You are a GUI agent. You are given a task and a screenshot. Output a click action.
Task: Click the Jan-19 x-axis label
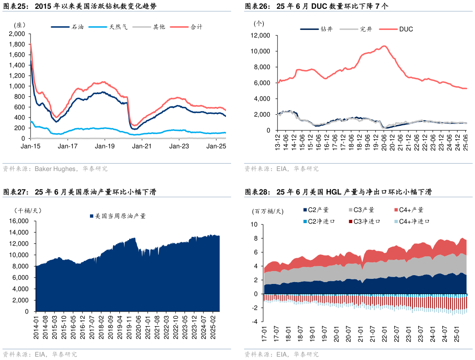pyautogui.click(x=105, y=146)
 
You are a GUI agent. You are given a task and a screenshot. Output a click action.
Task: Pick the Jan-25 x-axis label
pyautogui.click(x=216, y=146)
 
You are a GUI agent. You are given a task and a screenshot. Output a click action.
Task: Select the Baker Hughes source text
pyautogui.click(x=55, y=169)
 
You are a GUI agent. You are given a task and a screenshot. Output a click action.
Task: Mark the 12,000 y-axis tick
pyautogui.click(x=260, y=35)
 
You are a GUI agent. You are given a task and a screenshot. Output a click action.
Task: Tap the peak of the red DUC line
pyautogui.click(x=384, y=46)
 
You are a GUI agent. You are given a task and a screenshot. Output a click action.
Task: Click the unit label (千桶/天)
pyautogui.click(x=27, y=211)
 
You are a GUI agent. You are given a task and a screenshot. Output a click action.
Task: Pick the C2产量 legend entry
pyautogui.click(x=318, y=210)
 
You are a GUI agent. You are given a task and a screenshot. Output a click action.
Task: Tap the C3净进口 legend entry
pyautogui.click(x=367, y=221)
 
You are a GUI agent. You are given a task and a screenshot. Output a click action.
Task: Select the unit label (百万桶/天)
pyautogui.click(x=268, y=211)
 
